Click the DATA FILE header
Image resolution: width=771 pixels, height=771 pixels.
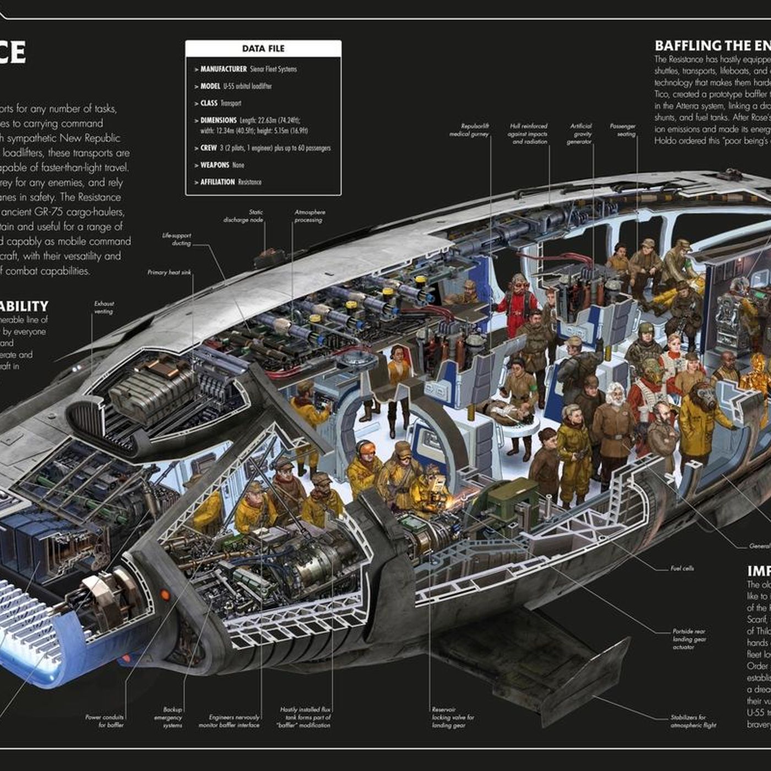263,48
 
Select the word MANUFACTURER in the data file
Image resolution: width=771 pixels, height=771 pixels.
223,69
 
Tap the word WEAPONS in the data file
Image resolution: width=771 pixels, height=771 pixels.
214,165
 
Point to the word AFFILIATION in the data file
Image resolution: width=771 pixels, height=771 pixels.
218,182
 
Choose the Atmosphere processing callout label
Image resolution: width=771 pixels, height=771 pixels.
310,216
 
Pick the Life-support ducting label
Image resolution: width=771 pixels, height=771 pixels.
176,239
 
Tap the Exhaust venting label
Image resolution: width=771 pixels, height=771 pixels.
104,307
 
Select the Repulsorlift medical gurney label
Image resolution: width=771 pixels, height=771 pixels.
469,130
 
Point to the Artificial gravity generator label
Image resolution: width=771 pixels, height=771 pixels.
580,134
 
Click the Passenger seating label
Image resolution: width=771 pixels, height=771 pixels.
622,130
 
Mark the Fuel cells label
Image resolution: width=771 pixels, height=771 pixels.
682,568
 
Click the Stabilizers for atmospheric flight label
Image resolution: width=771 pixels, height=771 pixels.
693,721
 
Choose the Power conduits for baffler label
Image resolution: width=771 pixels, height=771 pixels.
105,721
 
